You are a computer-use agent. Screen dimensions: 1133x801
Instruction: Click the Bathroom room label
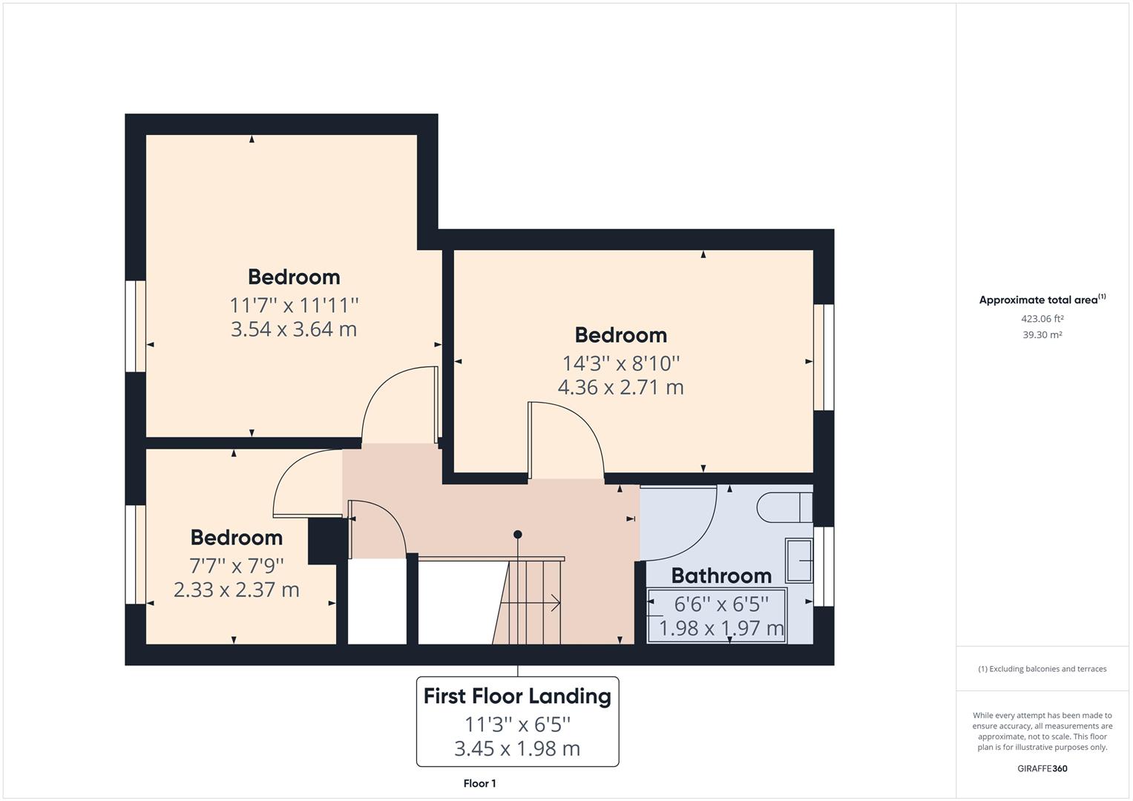click(x=721, y=576)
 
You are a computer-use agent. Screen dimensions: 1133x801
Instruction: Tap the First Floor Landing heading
click(x=517, y=696)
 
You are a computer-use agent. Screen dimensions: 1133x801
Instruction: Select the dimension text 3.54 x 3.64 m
click(x=294, y=329)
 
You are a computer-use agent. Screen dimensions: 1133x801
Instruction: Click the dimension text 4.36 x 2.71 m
click(x=620, y=387)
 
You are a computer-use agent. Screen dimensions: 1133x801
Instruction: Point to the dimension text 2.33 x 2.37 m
click(x=236, y=590)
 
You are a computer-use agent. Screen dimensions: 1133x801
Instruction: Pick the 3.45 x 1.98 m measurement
click(x=517, y=748)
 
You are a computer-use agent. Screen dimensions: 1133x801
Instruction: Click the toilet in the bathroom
click(x=784, y=507)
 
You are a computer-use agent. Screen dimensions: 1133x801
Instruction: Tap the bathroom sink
click(x=798, y=560)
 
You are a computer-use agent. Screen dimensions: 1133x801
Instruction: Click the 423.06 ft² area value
click(x=1042, y=319)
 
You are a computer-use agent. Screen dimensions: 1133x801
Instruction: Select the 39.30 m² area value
click(x=1042, y=334)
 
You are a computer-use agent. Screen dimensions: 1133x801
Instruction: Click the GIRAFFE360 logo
click(x=1042, y=768)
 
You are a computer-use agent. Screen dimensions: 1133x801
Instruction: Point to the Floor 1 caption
click(x=479, y=783)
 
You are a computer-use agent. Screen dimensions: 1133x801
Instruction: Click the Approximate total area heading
click(x=1042, y=300)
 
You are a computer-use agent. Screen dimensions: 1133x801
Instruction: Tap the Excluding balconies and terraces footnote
click(x=1042, y=669)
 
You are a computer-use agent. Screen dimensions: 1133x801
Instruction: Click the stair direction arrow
click(x=530, y=603)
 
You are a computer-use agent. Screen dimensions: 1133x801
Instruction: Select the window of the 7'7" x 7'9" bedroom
click(x=136, y=555)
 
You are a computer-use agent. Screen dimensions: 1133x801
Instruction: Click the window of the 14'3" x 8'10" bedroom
click(x=824, y=357)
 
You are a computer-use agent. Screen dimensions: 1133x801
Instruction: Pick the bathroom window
click(x=824, y=567)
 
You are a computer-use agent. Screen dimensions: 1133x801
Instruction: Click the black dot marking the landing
click(x=517, y=535)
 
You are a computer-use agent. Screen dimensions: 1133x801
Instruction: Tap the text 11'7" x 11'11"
click(x=294, y=306)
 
